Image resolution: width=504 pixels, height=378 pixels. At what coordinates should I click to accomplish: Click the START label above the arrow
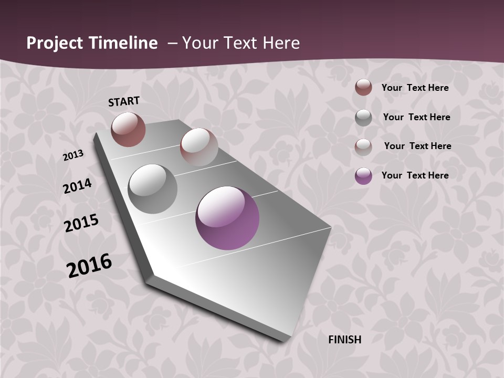point(124,101)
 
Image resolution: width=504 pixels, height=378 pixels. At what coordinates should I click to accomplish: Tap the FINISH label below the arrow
point(345,340)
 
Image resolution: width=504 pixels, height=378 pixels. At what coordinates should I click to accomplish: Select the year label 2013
point(73,155)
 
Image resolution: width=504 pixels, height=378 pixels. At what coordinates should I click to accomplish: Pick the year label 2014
point(78,186)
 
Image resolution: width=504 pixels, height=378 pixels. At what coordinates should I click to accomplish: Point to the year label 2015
point(81,223)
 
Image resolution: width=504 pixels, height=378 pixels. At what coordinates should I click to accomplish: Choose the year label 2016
point(89,265)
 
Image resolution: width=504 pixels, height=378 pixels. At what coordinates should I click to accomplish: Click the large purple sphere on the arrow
point(227,218)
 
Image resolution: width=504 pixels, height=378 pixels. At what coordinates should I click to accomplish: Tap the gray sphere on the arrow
point(153,189)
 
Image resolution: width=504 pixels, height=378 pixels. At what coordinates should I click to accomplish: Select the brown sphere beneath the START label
point(128,130)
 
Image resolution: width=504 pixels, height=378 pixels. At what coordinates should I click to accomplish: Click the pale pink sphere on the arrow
point(199,147)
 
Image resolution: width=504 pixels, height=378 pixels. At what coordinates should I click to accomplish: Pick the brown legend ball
point(363,88)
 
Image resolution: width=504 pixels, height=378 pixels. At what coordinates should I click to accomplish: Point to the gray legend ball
point(363,118)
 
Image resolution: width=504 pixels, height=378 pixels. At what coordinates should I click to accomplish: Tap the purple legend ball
point(363,176)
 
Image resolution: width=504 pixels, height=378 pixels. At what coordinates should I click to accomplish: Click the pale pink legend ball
point(363,147)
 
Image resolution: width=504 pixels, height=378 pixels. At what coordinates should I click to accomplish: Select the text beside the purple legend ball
point(415,175)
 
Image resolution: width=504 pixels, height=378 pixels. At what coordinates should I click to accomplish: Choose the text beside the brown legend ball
point(415,88)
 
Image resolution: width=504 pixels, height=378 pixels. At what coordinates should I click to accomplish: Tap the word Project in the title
point(55,43)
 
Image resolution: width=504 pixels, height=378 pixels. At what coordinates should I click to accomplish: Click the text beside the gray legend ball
point(416,117)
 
